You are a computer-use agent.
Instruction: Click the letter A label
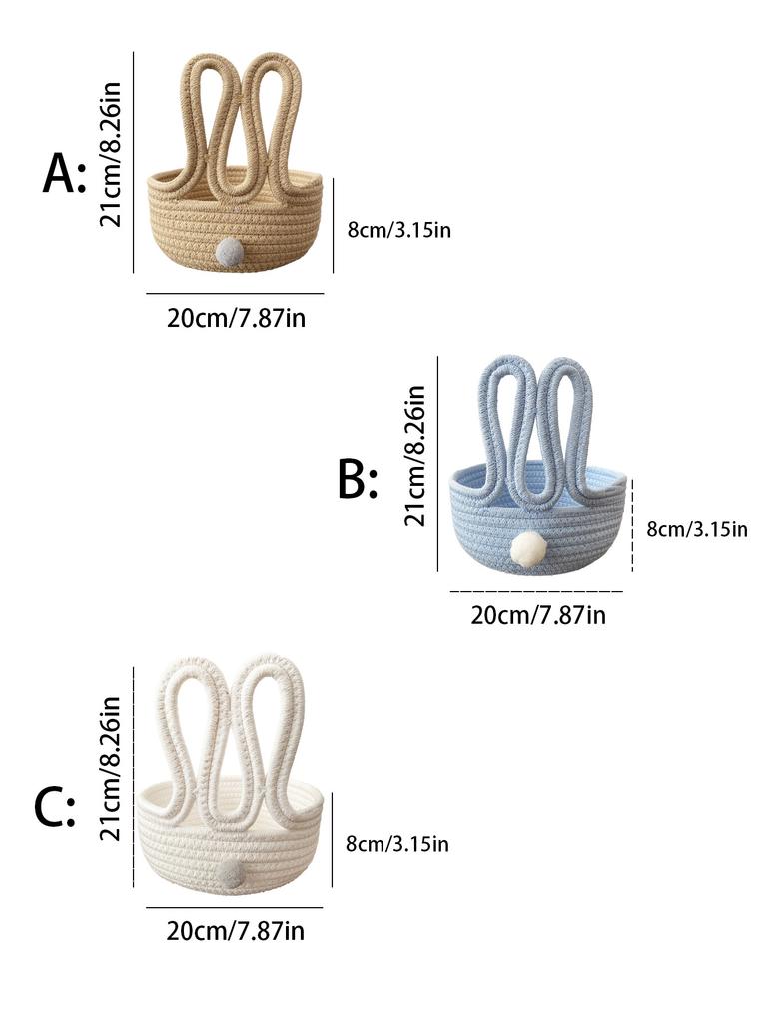click(x=64, y=173)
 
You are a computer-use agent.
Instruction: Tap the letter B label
click(x=358, y=479)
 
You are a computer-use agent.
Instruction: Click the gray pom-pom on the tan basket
click(x=230, y=251)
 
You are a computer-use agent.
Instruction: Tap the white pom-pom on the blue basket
click(x=528, y=547)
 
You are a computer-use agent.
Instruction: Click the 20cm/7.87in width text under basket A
click(x=236, y=319)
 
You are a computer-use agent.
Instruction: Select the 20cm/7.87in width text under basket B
click(x=538, y=615)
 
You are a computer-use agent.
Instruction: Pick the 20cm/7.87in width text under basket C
click(x=236, y=931)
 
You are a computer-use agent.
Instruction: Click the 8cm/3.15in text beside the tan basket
click(x=399, y=230)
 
